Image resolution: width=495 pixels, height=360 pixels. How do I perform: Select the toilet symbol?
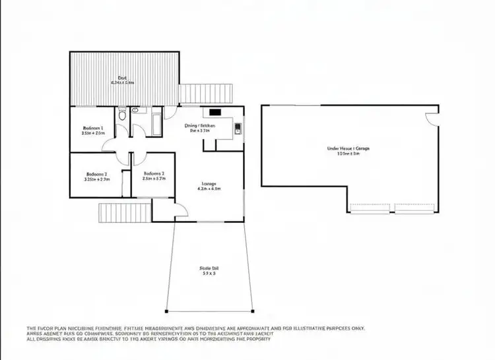pos(121,116)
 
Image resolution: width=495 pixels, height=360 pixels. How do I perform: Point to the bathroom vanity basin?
pos(135,111)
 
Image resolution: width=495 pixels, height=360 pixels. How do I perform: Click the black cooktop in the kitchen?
pos(216,111)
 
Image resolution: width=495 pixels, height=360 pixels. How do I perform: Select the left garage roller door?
pos(370,208)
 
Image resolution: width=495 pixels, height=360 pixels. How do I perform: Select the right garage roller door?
pos(414,208)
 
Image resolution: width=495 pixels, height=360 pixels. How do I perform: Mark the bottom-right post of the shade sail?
pos(252,311)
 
